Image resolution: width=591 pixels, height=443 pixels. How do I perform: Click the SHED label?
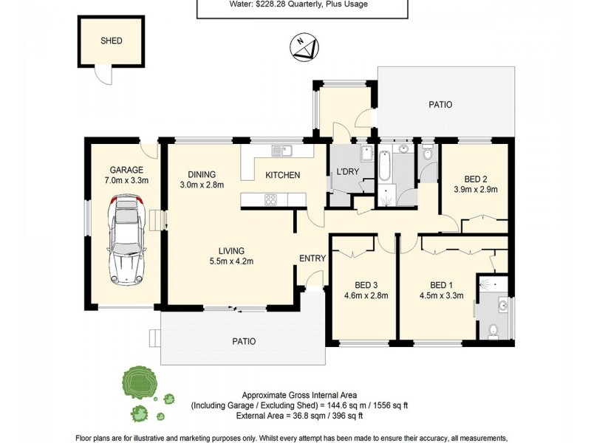pyautogui.click(x=111, y=41)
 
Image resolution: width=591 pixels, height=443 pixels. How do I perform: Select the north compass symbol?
pyautogui.click(x=305, y=47)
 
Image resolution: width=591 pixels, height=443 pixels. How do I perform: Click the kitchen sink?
pyautogui.click(x=281, y=151)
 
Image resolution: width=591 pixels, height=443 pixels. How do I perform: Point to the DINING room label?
pyautogui.click(x=201, y=175)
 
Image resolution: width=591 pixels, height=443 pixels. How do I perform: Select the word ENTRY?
pyautogui.click(x=312, y=258)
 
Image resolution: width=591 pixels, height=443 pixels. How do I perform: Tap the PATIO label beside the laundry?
pyautogui.click(x=440, y=105)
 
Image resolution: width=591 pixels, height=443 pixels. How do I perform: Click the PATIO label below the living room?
pyautogui.click(x=244, y=342)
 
